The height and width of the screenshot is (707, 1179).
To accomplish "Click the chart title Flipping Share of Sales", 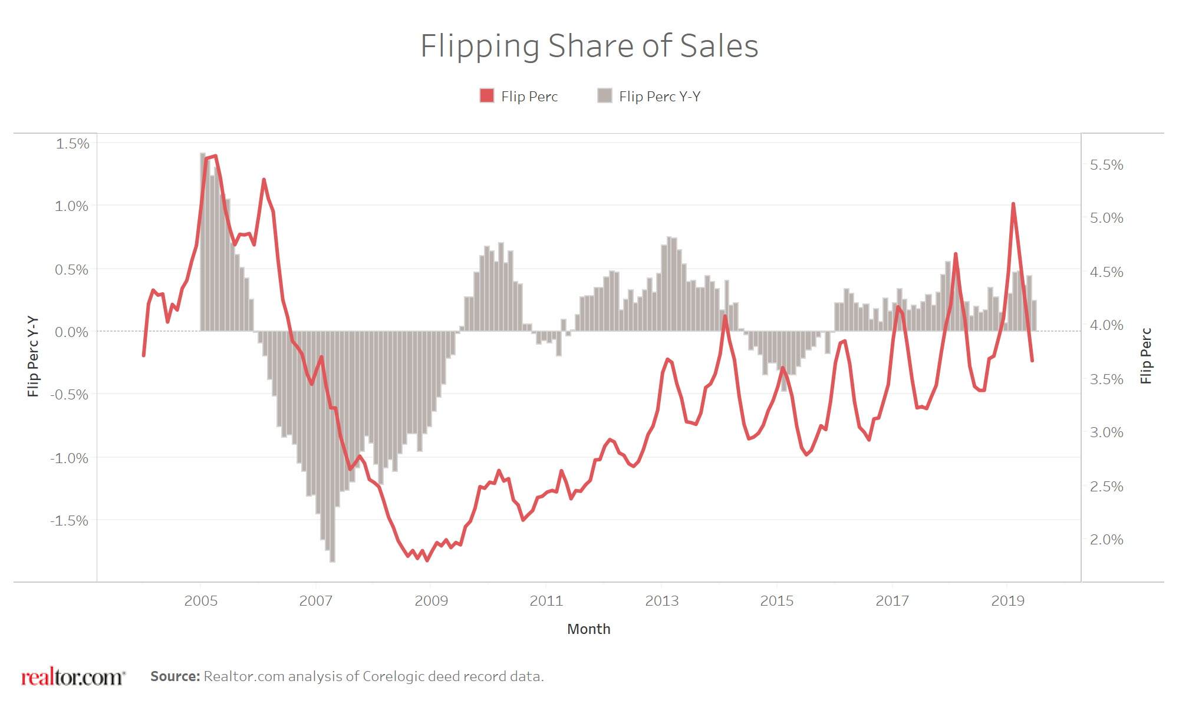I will [589, 46].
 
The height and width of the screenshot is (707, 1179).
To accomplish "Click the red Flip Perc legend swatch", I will [487, 96].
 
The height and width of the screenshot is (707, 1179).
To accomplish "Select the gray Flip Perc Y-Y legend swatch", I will [604, 96].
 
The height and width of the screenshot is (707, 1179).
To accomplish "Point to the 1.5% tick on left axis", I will [72, 144].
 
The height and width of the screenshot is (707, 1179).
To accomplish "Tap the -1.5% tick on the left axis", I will [70, 521].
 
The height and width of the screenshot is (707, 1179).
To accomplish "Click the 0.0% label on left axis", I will [72, 332].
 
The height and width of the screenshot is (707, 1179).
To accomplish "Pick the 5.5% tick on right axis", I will [1106, 165].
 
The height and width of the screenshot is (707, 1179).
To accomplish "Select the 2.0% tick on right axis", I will [1106, 540].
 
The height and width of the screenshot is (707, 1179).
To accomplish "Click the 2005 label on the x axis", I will [201, 601].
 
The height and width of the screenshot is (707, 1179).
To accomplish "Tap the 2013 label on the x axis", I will [661, 601].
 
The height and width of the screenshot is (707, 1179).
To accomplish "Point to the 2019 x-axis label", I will [1007, 601].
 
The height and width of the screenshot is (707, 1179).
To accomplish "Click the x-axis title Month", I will [588, 629].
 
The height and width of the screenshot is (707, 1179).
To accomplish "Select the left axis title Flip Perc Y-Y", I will [33, 356].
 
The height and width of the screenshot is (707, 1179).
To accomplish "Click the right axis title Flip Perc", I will [1145, 356].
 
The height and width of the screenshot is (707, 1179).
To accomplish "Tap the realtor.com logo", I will [73, 677].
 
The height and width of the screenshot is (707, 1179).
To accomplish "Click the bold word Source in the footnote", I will [175, 676].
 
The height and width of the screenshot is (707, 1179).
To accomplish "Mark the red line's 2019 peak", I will [1013, 204].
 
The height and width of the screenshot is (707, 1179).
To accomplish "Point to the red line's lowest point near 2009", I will [427, 560].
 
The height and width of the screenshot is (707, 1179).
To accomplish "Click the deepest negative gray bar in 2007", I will [332, 554].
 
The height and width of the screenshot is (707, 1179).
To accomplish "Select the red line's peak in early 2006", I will [264, 179].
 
